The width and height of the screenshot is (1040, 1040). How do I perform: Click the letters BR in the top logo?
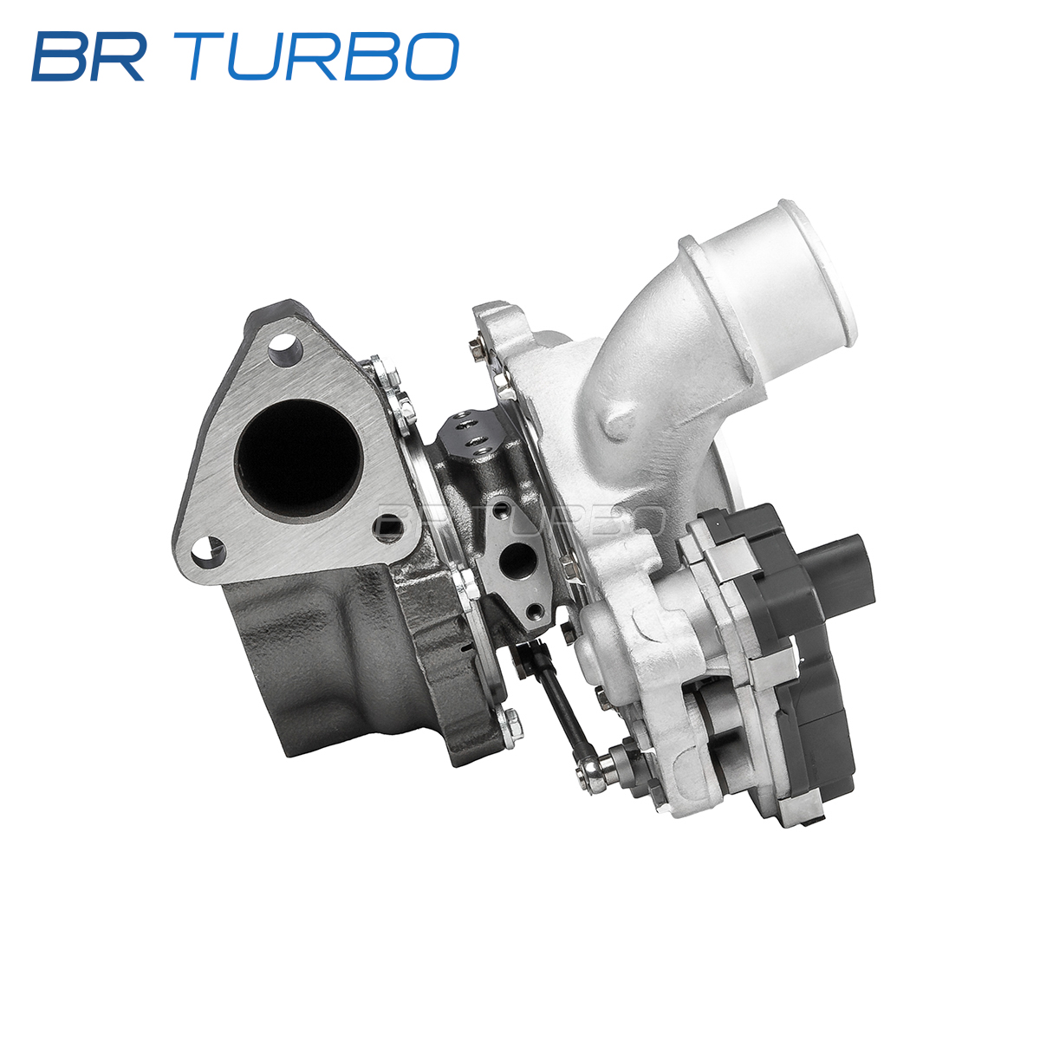pyautogui.click(x=89, y=56)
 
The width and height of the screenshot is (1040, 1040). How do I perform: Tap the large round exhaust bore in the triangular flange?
pyautogui.click(x=298, y=458)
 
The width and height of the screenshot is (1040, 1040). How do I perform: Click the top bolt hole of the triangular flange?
pyautogui.click(x=284, y=347)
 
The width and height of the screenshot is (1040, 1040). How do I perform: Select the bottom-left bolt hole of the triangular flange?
pyautogui.click(x=208, y=552)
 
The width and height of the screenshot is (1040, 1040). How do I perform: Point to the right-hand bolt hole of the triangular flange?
pyautogui.click(x=388, y=527)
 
